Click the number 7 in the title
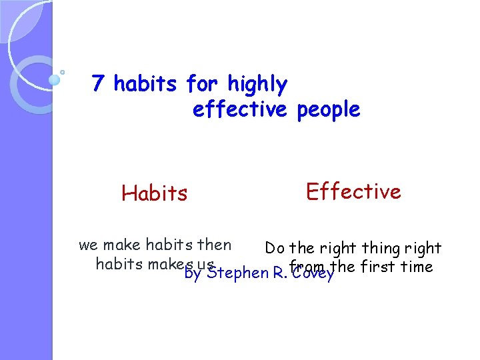click(x=97, y=84)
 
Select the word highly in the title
click(x=257, y=85)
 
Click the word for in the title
click(x=203, y=84)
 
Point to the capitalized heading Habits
click(x=155, y=193)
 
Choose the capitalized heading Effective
click(x=353, y=192)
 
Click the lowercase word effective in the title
click(x=239, y=109)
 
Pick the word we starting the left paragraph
click(x=88, y=245)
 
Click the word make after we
click(x=122, y=245)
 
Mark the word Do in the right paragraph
click(x=275, y=249)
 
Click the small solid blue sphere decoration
click(x=55, y=80)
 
